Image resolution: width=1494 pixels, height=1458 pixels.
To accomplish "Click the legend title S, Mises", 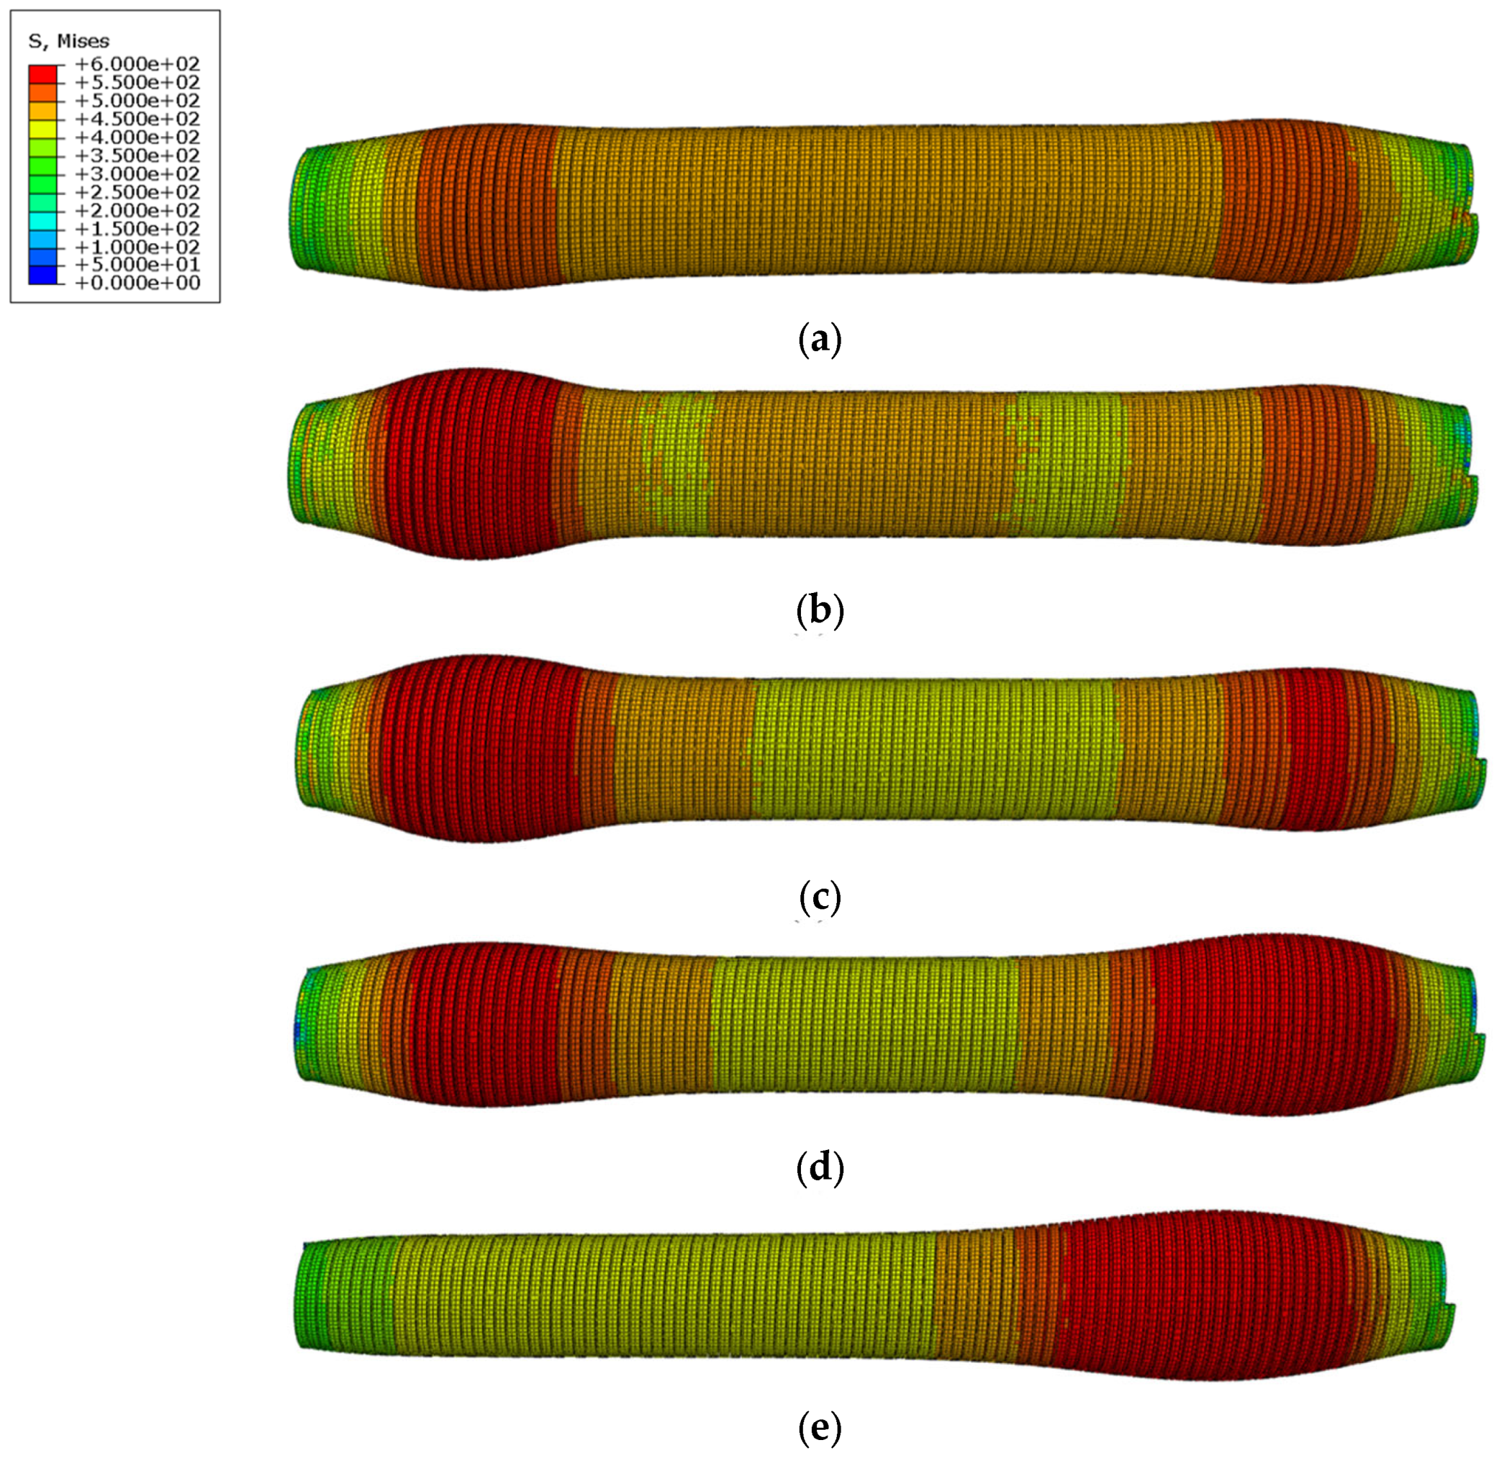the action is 69,41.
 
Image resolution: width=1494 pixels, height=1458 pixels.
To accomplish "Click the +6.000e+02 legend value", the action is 138,64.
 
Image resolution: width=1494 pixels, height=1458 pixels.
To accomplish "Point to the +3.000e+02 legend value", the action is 138,174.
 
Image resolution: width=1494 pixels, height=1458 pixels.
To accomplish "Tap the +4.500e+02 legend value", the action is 138,119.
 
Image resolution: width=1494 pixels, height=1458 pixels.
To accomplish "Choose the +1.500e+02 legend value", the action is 138,229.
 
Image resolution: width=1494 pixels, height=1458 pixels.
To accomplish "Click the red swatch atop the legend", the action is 43,74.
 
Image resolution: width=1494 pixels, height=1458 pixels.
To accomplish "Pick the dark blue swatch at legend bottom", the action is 43,275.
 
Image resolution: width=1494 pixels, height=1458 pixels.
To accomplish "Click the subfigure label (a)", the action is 820,338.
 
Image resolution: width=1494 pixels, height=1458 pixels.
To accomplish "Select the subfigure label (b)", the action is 820,611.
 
